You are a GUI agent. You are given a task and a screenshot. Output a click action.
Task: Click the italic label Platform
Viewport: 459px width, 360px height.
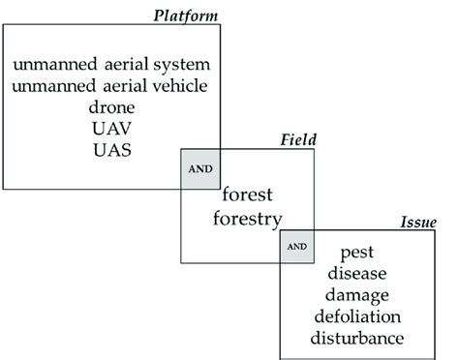(186, 15)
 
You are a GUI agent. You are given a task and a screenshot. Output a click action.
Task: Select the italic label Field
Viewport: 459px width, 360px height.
(297, 141)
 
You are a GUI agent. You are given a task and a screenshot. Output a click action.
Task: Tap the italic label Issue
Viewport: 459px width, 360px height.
(418, 223)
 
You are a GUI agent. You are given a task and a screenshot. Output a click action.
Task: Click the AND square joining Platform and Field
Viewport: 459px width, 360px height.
(200, 168)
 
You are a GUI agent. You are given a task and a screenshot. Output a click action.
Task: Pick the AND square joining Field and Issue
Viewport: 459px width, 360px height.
(297, 246)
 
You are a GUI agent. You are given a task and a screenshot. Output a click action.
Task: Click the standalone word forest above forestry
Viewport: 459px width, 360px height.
(250, 193)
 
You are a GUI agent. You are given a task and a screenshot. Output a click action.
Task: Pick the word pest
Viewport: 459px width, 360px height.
(357, 253)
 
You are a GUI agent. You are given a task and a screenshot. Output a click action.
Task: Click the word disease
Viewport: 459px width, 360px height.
(357, 274)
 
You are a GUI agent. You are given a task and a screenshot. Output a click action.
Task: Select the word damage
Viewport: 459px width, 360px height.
(357, 295)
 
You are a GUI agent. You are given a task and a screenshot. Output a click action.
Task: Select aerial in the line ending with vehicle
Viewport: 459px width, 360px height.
(117, 85)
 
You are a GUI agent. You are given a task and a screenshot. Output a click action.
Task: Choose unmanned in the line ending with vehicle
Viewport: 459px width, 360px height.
(48, 85)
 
